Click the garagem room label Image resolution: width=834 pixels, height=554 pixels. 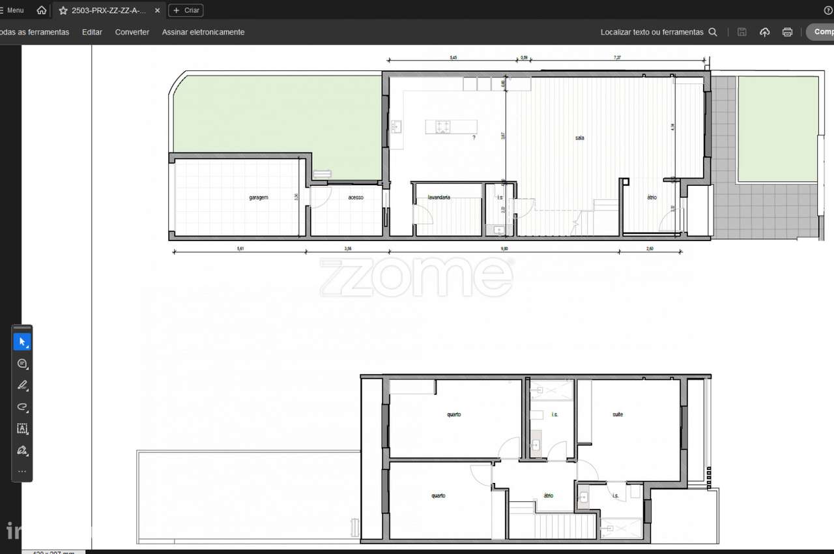tap(259, 197)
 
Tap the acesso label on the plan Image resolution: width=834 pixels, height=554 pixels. tap(356, 197)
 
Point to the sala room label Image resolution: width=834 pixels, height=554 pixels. tap(579, 138)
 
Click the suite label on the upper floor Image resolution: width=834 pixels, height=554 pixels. tap(618, 415)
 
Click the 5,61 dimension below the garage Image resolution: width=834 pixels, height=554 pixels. tap(240, 249)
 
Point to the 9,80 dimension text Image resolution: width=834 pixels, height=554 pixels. tap(504, 249)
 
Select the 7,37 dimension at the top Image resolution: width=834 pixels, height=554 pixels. tap(617, 58)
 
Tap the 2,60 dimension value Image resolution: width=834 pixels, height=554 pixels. tap(650, 249)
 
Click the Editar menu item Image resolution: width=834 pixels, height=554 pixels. tap(92, 32)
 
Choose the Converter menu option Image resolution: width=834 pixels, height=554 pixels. tap(132, 32)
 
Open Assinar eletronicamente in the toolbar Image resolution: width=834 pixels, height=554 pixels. tap(203, 32)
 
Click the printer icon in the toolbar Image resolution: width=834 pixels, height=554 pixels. tap(787, 32)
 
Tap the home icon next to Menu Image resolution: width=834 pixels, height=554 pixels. tap(42, 10)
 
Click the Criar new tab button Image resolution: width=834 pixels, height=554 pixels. tap(186, 10)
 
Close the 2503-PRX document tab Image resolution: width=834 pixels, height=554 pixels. tap(157, 10)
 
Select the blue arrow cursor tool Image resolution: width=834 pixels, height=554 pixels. tap(22, 342)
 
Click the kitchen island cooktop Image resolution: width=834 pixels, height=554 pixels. tap(442, 126)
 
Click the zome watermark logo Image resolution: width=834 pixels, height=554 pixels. tap(416, 277)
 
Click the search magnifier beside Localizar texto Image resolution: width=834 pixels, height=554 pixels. tap(713, 32)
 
